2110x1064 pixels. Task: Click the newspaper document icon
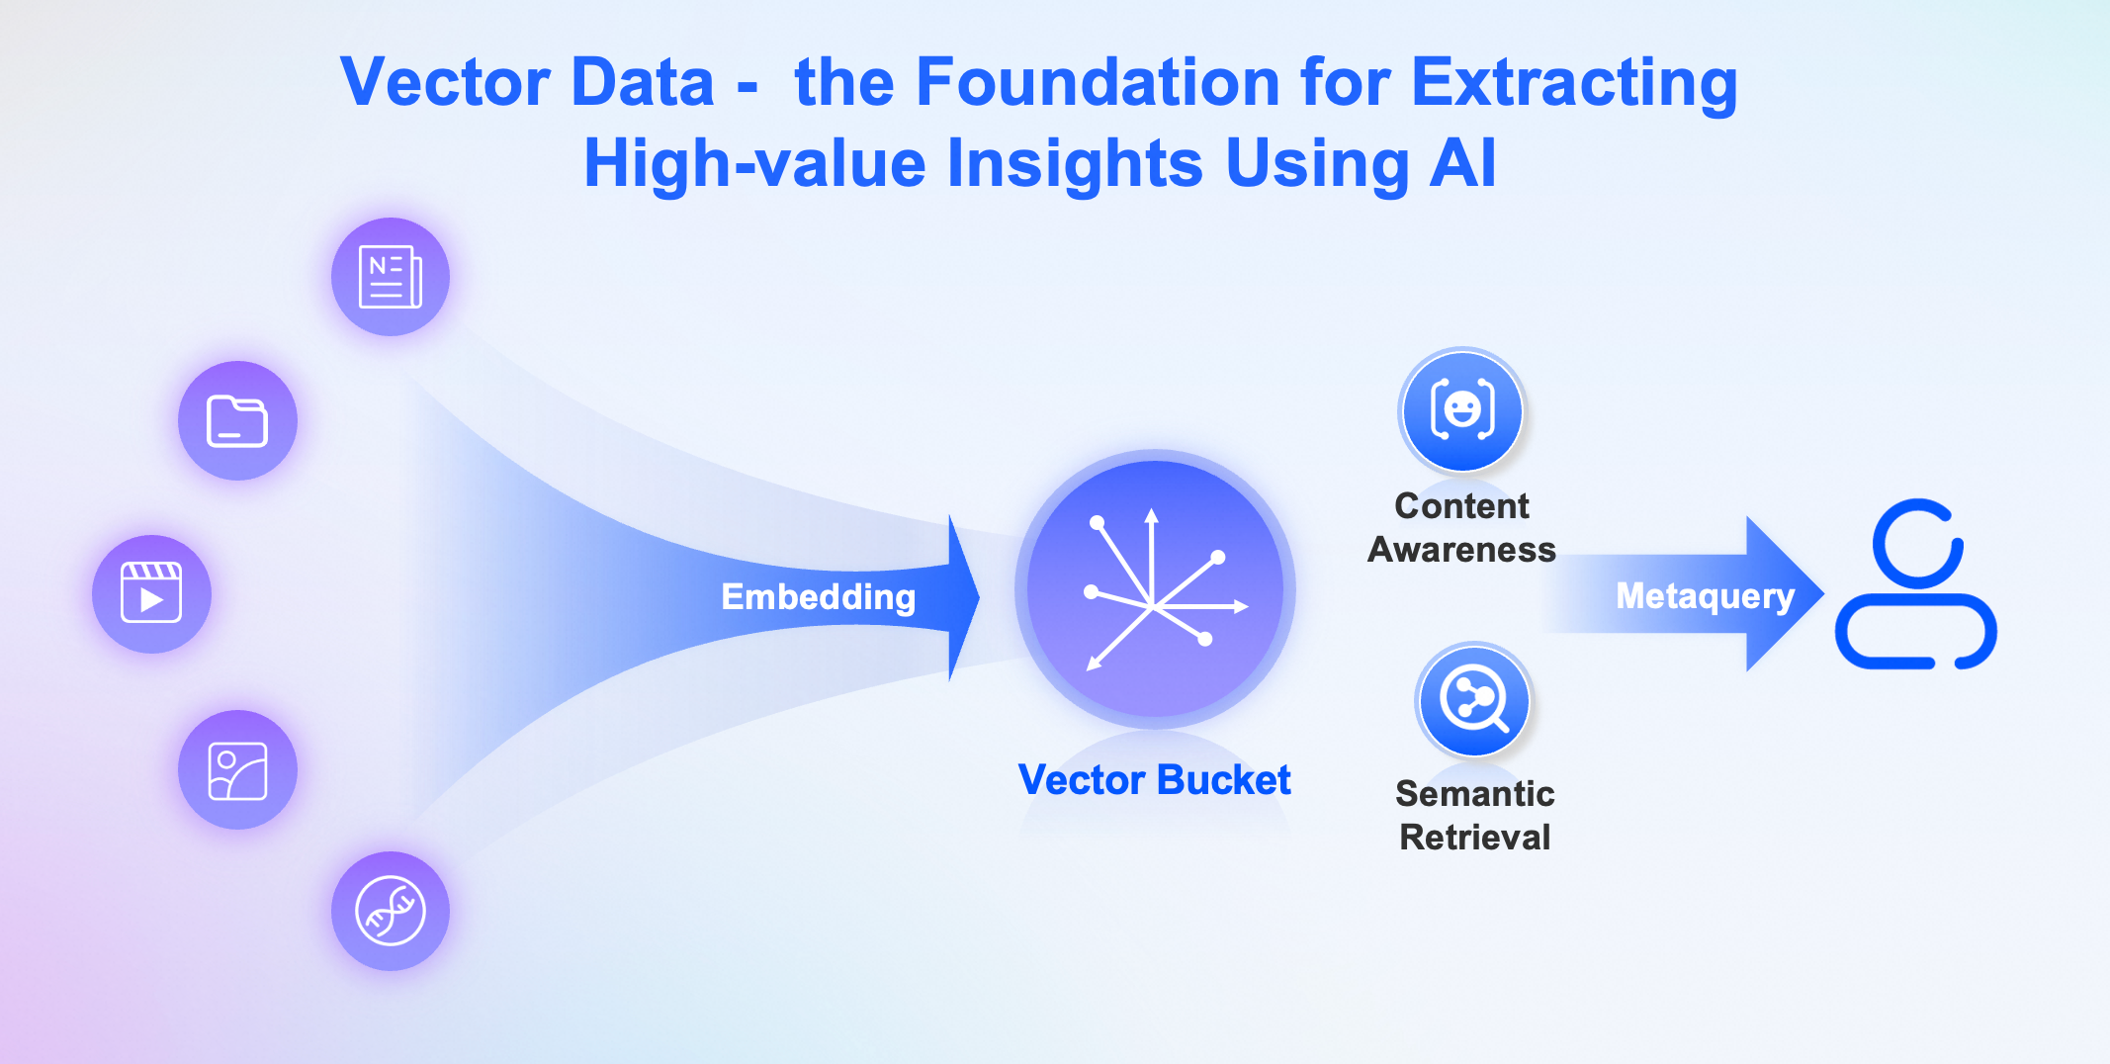(391, 277)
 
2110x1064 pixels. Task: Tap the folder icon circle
(237, 421)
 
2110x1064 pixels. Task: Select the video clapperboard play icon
(151, 593)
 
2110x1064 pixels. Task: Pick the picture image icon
(237, 770)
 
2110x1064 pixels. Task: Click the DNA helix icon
(391, 911)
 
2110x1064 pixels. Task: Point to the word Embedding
(819, 596)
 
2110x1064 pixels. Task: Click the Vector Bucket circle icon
(1155, 589)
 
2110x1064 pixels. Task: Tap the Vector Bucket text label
(1155, 779)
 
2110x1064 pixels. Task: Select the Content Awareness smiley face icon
(1462, 410)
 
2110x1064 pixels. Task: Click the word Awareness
(1461, 549)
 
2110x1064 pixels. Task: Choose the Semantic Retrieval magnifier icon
(1474, 700)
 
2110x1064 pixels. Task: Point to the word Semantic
(1474, 793)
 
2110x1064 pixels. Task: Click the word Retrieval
(1474, 837)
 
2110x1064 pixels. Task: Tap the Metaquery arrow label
(1705, 596)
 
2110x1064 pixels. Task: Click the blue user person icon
(1916, 584)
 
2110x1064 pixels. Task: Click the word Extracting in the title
(1575, 83)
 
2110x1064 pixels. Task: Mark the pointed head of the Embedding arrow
(978, 596)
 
